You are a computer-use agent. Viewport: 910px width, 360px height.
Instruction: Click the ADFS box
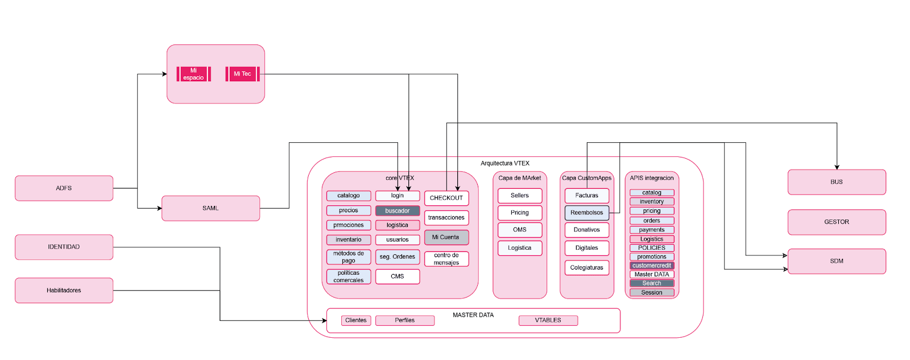pos(64,188)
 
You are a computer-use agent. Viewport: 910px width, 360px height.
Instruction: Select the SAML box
pos(210,208)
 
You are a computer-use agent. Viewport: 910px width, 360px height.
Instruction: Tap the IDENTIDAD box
pos(64,247)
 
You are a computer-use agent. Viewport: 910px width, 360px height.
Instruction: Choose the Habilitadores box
pos(64,290)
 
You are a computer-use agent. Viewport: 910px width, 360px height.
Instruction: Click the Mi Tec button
pos(242,74)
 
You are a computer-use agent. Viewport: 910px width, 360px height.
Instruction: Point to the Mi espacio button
pos(193,74)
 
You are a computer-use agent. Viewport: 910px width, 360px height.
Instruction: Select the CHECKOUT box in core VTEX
pos(446,198)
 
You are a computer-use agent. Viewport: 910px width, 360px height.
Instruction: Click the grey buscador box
pos(398,211)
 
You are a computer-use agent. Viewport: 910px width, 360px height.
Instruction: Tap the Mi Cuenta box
pos(446,237)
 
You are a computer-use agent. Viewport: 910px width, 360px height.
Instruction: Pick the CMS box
pos(398,276)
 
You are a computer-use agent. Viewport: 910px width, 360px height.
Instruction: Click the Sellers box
pos(520,196)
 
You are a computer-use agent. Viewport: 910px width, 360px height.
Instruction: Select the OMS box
pos(520,230)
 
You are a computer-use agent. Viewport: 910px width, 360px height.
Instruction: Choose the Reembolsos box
pos(586,213)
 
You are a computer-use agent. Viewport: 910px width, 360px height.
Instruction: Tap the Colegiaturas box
pos(586,267)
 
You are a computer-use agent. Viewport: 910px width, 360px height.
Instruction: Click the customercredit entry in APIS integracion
pos(652,266)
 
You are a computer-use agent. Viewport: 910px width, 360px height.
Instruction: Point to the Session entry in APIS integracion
pos(652,292)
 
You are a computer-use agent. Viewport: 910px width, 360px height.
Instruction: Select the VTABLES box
pos(548,320)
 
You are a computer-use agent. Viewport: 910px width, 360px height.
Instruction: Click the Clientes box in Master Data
pos(356,320)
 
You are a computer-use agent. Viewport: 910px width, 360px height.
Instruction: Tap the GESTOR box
pos(837,222)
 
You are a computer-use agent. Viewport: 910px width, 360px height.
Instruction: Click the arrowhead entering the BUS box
pos(837,167)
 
